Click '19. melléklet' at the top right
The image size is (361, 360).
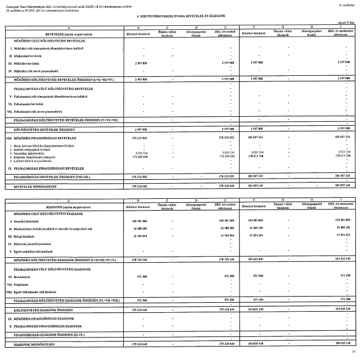tap(346, 4)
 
